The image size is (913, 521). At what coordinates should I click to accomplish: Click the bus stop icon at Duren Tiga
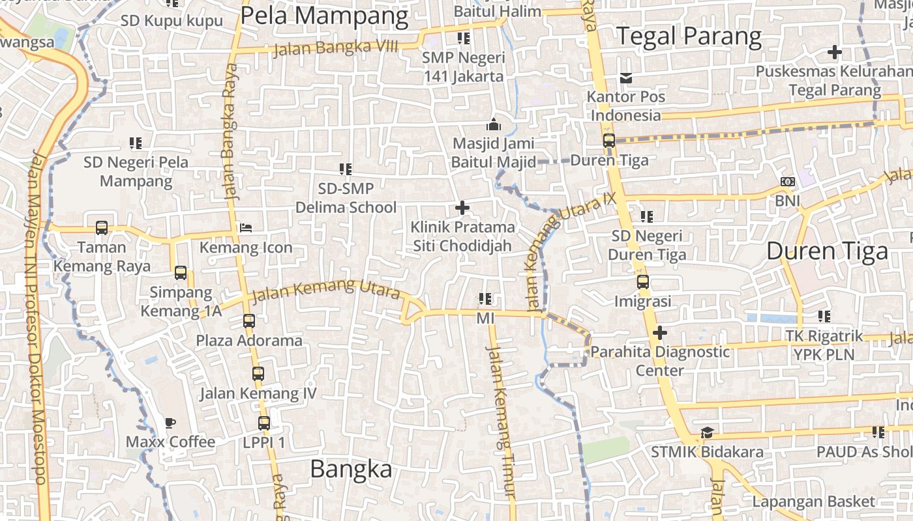click(x=608, y=141)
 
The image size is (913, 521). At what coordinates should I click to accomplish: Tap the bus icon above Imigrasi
click(x=642, y=282)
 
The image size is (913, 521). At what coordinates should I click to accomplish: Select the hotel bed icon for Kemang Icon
click(x=246, y=228)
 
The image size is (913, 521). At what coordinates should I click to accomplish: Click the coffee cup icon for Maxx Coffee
click(x=170, y=423)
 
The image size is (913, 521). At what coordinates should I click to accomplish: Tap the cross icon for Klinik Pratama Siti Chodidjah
click(x=462, y=208)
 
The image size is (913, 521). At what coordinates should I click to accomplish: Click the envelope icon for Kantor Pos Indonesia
click(x=626, y=78)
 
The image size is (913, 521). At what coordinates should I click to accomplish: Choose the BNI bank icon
click(x=787, y=182)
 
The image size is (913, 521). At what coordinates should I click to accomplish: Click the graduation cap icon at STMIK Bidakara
click(x=707, y=432)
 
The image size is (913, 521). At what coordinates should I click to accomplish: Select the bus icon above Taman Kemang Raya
click(x=102, y=228)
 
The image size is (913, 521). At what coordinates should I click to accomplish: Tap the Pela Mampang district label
click(x=324, y=16)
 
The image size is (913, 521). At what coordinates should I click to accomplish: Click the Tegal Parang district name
click(x=689, y=36)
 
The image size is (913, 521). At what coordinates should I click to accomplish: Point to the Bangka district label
click(x=351, y=468)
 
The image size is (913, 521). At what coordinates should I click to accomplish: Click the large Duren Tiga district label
click(x=827, y=251)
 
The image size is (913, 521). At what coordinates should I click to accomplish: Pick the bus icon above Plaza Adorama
click(x=249, y=320)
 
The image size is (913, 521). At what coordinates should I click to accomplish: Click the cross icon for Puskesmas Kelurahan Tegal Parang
click(x=834, y=52)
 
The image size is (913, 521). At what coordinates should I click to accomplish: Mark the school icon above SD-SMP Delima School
click(x=345, y=169)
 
